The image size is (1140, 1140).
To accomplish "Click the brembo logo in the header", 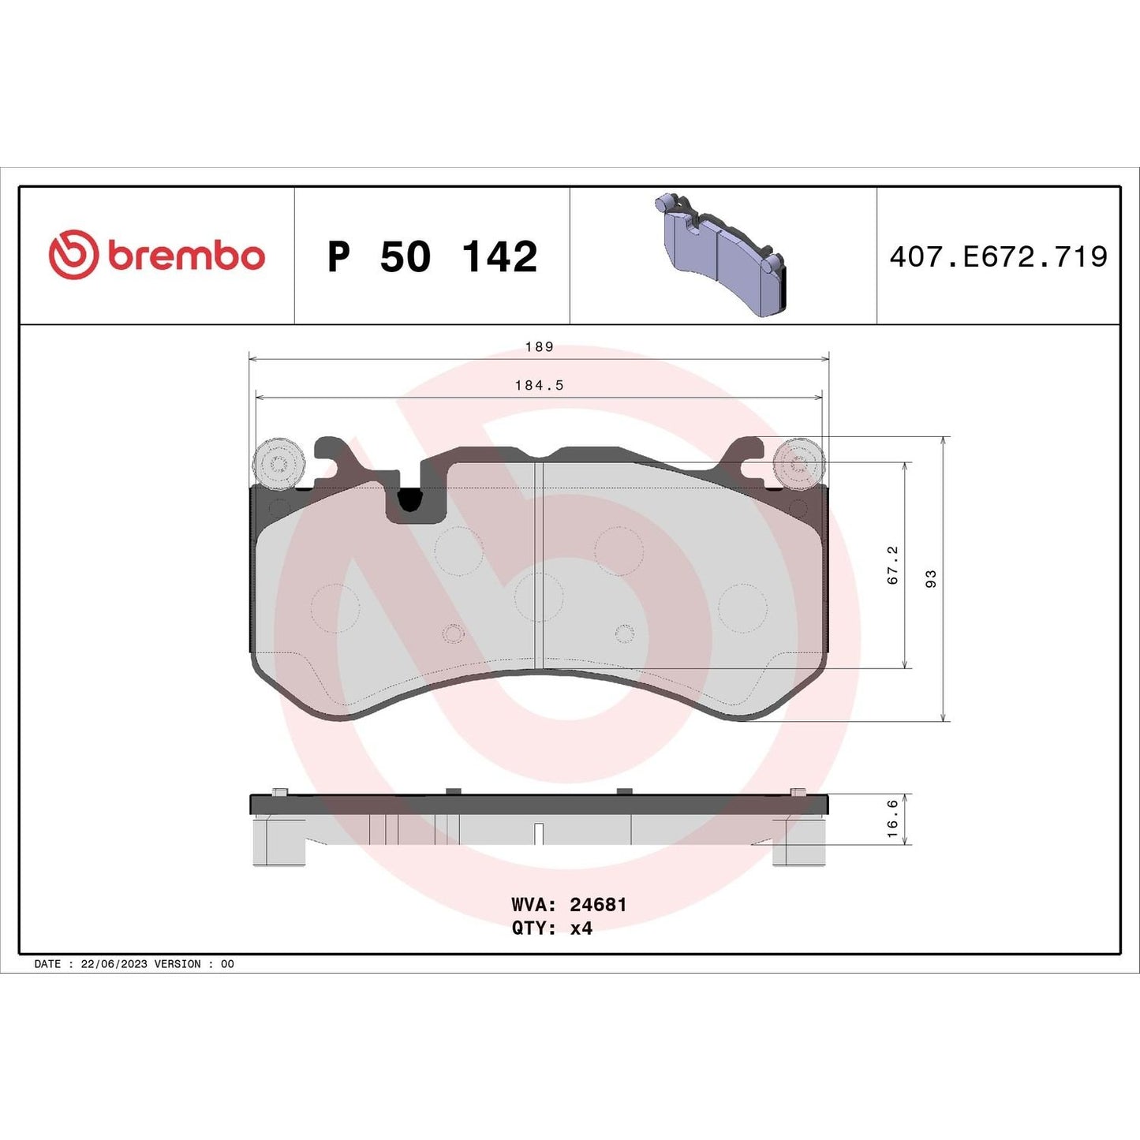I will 156,256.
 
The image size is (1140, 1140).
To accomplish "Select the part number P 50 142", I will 432,257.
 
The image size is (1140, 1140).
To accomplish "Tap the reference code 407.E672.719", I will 998,257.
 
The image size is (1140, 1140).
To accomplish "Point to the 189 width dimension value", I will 539,347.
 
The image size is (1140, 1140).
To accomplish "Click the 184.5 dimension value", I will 539,386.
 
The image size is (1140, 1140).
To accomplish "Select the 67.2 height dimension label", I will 892,565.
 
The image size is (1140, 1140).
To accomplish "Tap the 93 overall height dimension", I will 931,578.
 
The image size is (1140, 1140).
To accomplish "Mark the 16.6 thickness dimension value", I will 892,818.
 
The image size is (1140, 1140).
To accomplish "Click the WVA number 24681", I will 598,905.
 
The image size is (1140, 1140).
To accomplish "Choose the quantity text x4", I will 581,929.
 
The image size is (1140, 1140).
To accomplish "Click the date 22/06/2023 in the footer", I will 114,964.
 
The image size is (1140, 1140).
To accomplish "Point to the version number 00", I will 227,964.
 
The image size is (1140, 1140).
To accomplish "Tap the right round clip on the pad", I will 799,463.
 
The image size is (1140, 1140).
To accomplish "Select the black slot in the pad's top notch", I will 409,499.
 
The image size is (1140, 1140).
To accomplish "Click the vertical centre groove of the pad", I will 539,564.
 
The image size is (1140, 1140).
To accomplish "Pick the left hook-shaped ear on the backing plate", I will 335,458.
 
